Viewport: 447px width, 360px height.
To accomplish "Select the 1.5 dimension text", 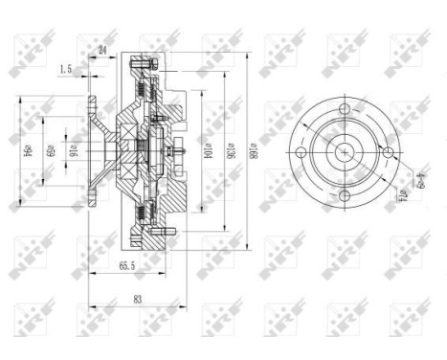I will [65, 69].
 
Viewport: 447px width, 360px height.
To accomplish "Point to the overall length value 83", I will [137, 299].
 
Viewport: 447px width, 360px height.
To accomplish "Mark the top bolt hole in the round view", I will [341, 108].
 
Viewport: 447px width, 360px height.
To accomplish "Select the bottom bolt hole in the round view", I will [341, 194].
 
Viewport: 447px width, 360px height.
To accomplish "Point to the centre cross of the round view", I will [341, 151].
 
